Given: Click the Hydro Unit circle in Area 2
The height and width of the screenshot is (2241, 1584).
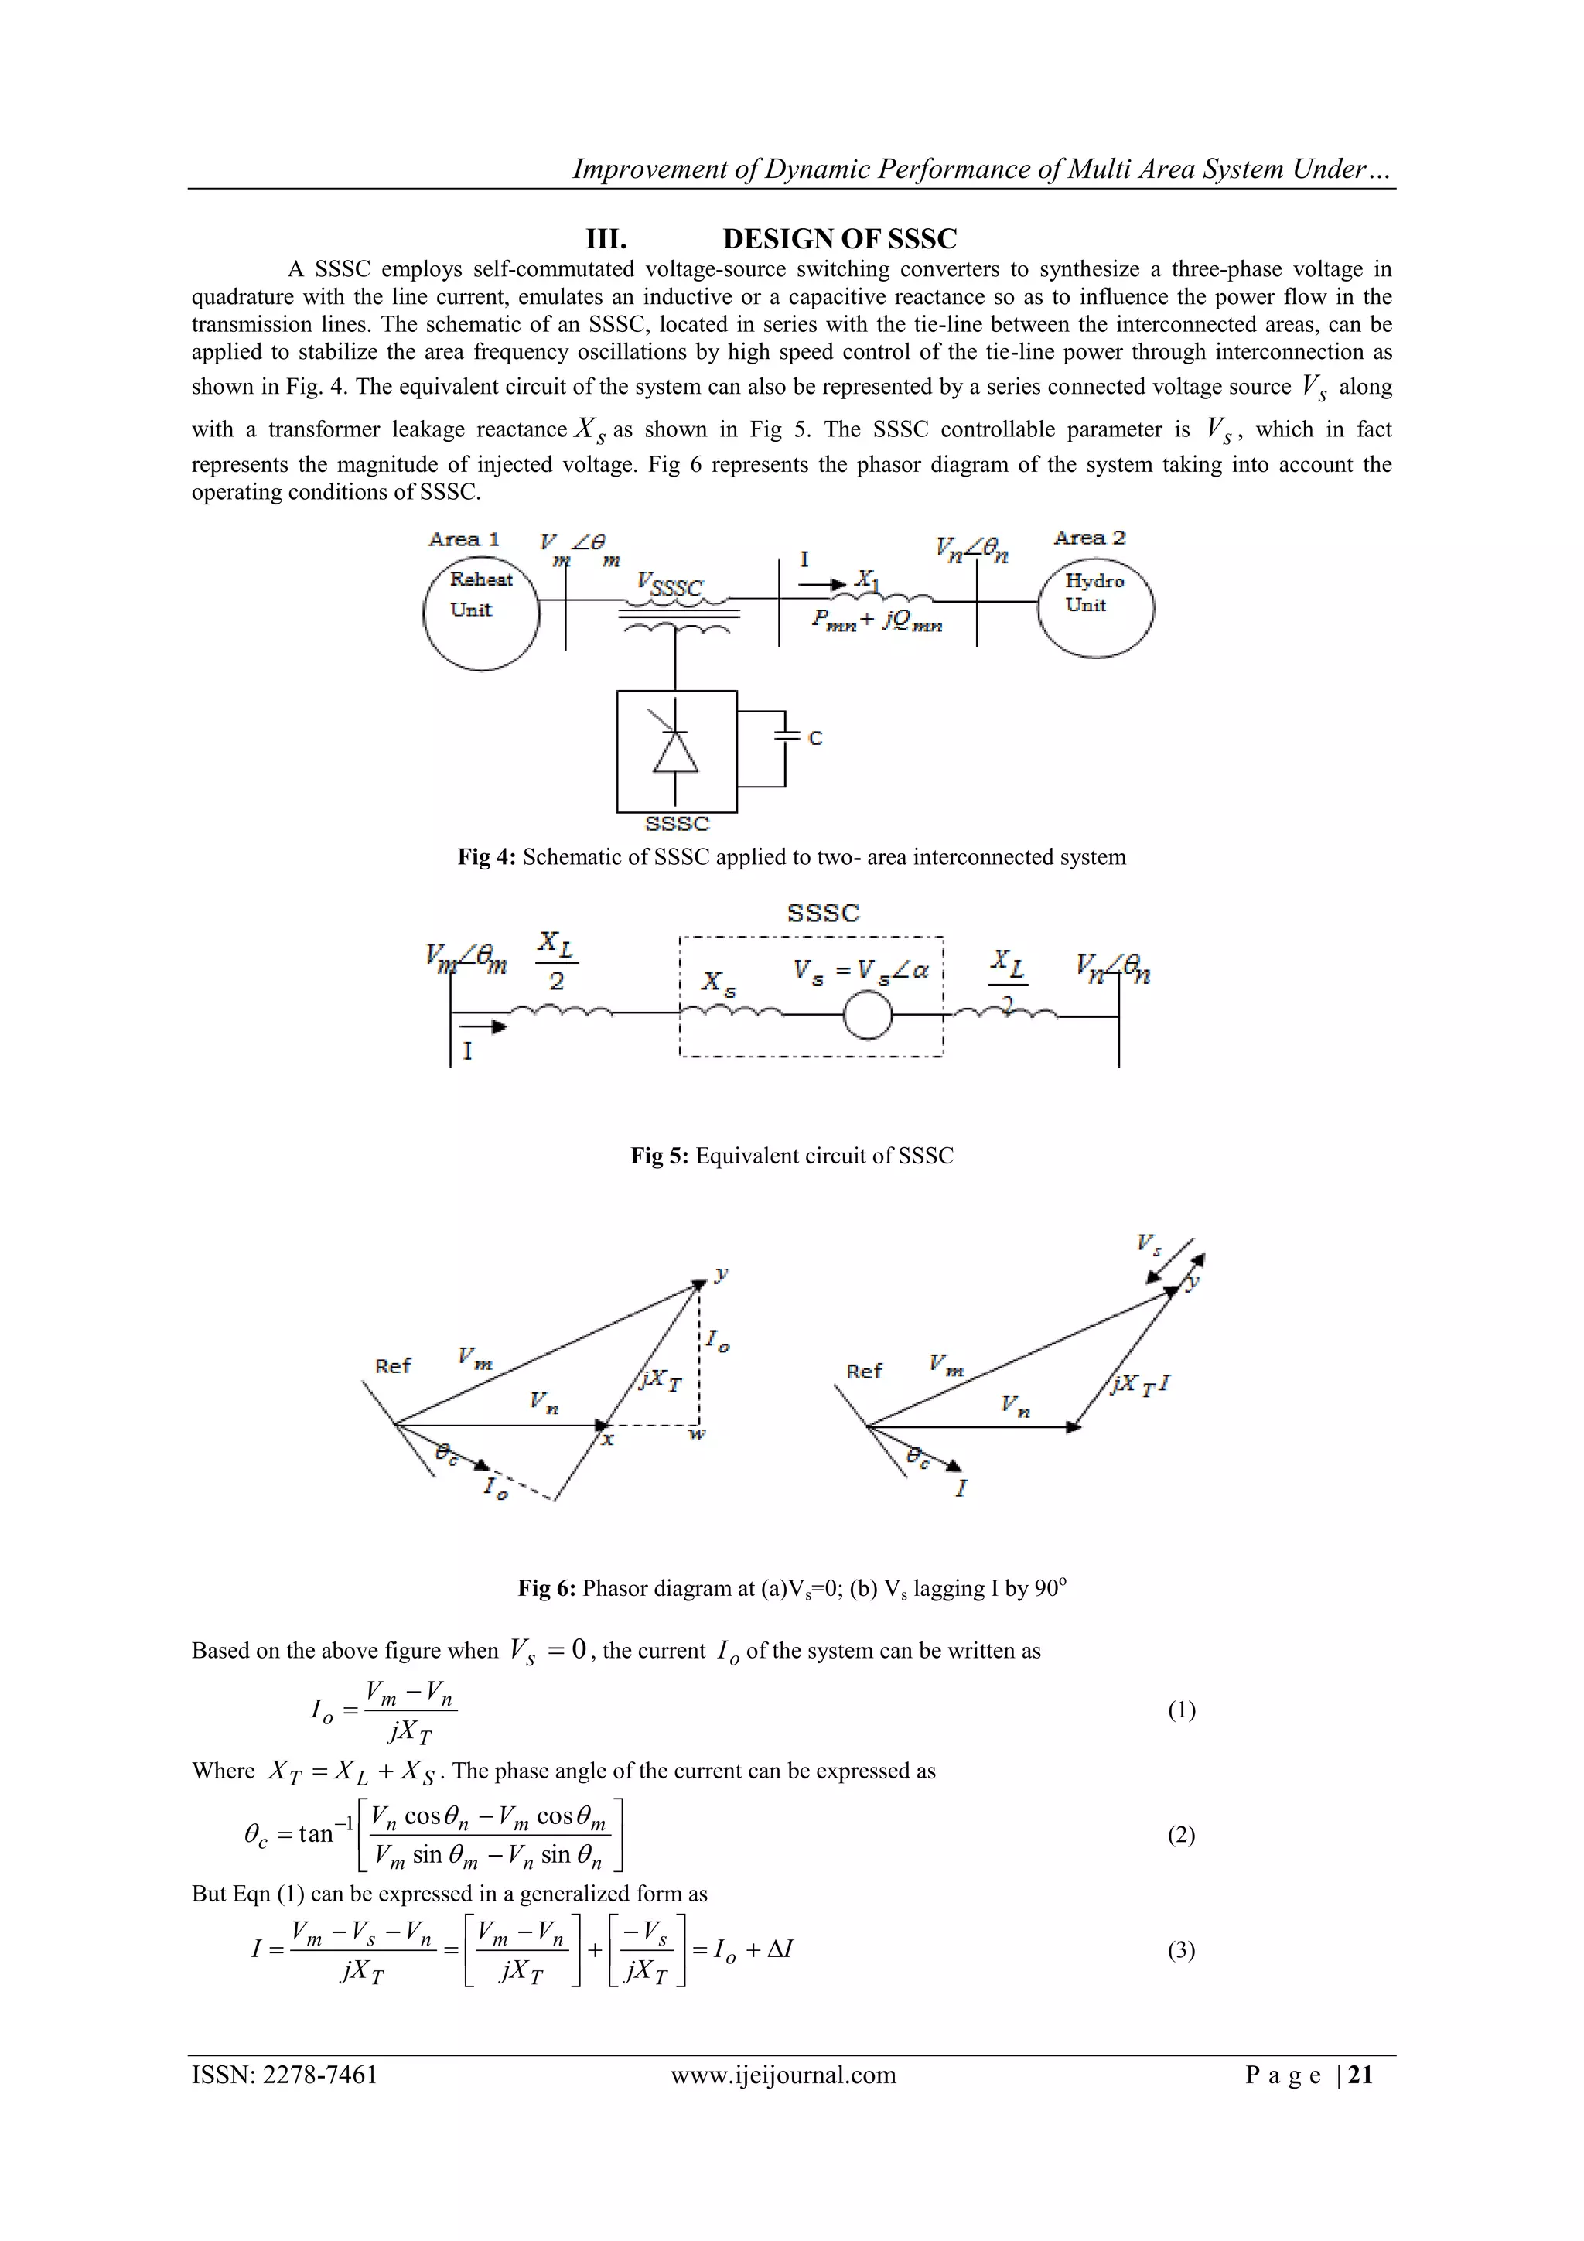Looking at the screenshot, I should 1095,608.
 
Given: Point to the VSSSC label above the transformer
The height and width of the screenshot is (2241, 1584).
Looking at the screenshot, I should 670,586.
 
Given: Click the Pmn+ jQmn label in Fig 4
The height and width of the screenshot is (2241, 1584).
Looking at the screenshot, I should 876,620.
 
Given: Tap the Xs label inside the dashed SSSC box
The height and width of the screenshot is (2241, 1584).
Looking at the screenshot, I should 719,983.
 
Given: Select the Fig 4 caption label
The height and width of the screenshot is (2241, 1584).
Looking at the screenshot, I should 487,857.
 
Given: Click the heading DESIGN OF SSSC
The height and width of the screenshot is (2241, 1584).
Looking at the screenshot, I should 839,239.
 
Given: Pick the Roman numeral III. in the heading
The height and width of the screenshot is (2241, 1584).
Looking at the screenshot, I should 605,239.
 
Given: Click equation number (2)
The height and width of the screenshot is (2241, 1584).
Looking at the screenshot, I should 1181,1835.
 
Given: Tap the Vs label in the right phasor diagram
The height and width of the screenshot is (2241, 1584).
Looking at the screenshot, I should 1149,1243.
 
